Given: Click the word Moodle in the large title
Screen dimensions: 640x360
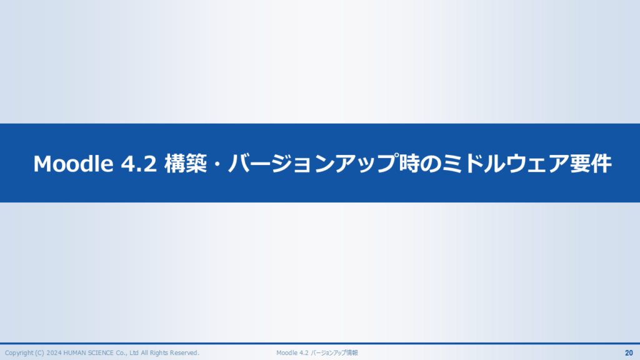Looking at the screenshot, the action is coord(73,164).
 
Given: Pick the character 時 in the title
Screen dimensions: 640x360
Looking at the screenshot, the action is coord(409,163).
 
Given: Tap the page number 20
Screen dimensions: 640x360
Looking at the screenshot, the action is coord(629,353).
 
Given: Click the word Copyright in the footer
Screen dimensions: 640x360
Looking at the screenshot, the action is coord(19,353).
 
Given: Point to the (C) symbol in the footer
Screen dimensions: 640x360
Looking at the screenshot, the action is coord(40,353).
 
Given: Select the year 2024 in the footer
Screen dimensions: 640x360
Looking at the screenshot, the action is coord(54,353).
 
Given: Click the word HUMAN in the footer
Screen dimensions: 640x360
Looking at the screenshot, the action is coord(75,353).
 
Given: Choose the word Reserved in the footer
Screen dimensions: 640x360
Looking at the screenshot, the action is coord(184,353).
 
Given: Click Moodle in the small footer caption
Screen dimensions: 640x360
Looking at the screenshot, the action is coord(286,353).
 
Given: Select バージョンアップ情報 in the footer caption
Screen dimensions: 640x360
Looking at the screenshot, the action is coord(334,353).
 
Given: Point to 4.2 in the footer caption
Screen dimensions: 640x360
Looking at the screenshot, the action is coord(304,353).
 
